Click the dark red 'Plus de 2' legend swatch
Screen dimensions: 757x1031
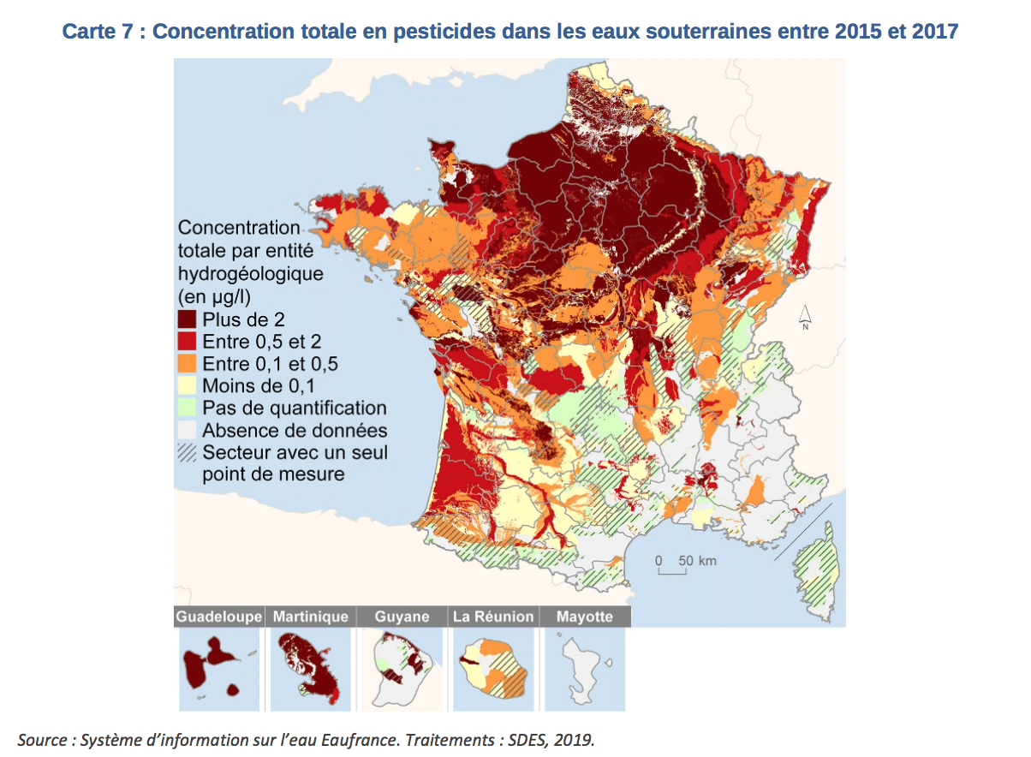[x=188, y=319]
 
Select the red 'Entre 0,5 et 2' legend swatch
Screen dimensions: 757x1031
[x=188, y=342]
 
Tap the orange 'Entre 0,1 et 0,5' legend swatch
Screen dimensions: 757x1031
[x=188, y=364]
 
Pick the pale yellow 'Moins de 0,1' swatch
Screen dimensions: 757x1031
[x=188, y=386]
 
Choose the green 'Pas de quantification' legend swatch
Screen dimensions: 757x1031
[x=188, y=408]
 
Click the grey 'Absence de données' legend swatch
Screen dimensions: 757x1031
[x=188, y=431]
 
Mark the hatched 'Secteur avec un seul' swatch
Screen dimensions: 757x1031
[x=188, y=453]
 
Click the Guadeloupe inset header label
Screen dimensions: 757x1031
[x=218, y=617]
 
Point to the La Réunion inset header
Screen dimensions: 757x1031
[x=493, y=617]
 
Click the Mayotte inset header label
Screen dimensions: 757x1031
[x=584, y=617]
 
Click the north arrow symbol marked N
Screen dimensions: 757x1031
[x=805, y=318]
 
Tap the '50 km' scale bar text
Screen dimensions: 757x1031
[x=697, y=561]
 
